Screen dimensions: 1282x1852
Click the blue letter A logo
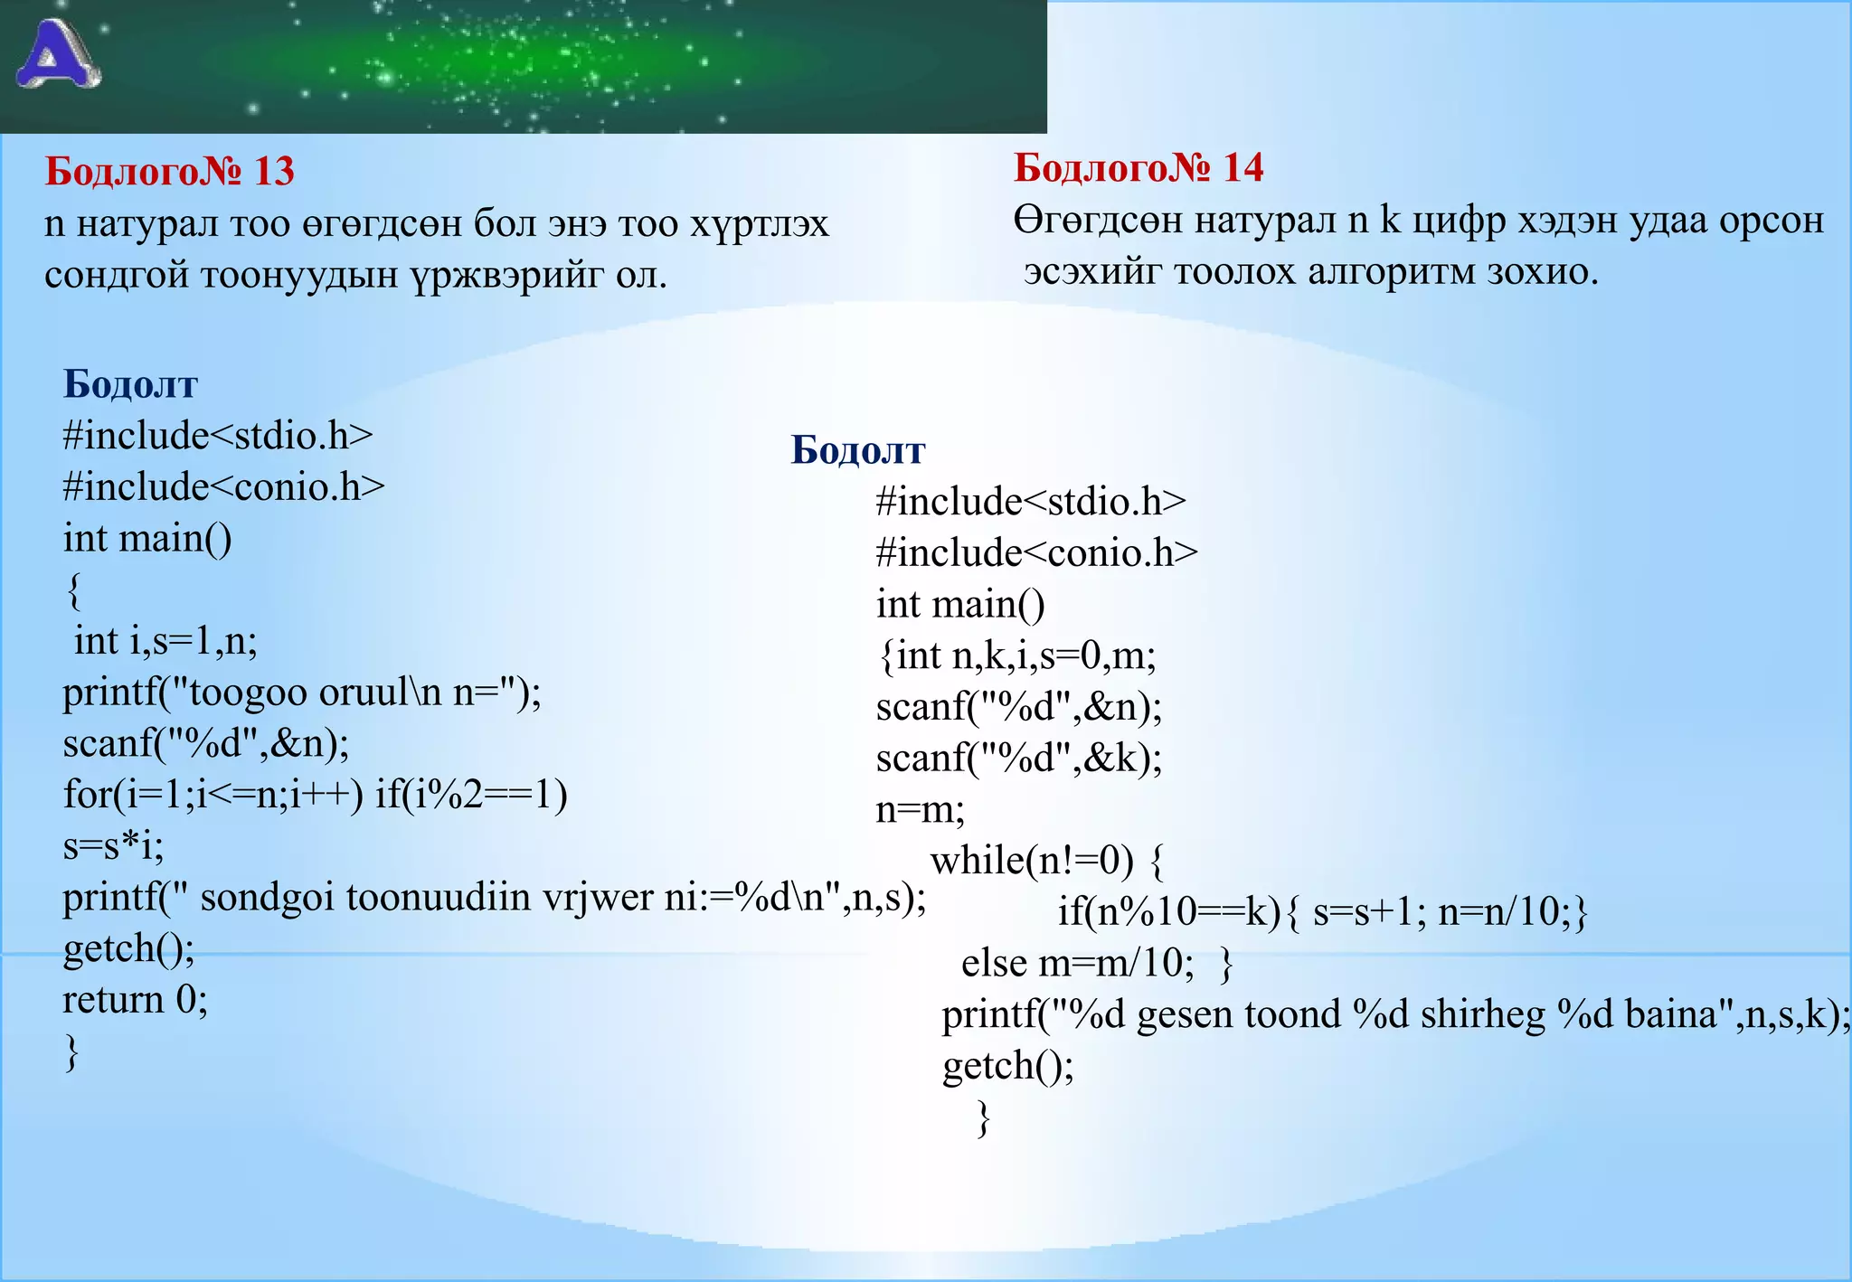[x=58, y=55]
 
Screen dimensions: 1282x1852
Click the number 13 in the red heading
[x=274, y=172]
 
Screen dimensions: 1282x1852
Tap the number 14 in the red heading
[x=1243, y=168]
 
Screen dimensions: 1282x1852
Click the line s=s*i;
[x=113, y=846]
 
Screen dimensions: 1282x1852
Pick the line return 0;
[x=135, y=1000]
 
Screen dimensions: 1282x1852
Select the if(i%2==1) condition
[x=471, y=796]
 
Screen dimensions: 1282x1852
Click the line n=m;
[x=920, y=809]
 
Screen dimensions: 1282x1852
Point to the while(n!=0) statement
[x=1032, y=861]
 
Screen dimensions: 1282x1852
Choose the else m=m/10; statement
[x=1077, y=964]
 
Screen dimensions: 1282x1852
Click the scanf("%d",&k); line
[x=1018, y=759]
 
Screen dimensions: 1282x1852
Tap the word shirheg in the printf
[x=1482, y=1015]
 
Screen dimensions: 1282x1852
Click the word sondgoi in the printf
[x=267, y=898]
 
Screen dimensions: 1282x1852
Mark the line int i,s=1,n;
[x=165, y=642]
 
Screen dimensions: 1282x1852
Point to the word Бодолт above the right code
[x=857, y=450]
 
